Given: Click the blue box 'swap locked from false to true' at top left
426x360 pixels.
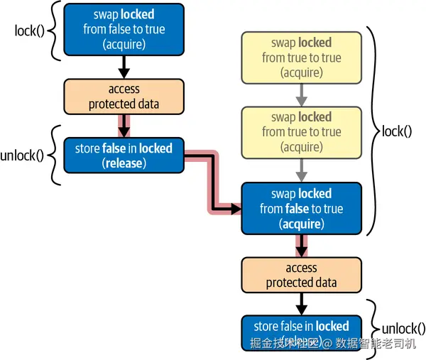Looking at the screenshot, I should point(124,29).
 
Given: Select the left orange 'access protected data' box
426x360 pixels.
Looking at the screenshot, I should point(124,97).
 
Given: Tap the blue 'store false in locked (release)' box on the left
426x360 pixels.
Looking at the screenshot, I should point(124,156).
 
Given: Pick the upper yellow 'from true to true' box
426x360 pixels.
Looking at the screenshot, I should point(301,58).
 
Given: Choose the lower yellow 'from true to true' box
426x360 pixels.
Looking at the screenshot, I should point(301,132).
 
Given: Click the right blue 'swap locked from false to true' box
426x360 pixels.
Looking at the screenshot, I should point(301,209).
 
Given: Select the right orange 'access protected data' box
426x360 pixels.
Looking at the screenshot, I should point(301,276).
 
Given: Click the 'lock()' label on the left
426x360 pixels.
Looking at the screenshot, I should point(29,31).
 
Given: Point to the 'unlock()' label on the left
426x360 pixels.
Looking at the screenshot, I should point(22,156).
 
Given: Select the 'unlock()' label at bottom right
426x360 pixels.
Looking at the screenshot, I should point(403,329).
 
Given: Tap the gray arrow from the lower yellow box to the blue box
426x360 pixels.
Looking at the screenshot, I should point(301,170).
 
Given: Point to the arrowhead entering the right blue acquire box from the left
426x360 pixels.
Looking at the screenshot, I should point(236,209).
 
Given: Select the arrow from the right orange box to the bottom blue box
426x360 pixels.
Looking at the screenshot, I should point(301,304).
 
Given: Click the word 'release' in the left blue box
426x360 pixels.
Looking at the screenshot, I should point(124,164).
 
